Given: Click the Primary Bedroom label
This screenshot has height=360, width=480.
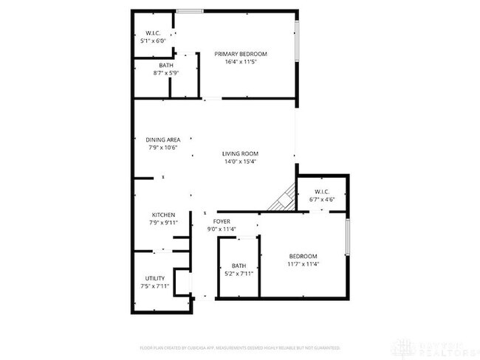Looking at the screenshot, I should (241, 54).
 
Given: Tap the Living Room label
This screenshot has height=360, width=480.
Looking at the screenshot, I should (241, 153).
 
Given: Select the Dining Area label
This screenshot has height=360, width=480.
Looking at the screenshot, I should (162, 139).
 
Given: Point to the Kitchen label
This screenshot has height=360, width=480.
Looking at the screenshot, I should (162, 215).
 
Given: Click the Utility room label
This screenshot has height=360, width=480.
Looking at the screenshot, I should (154, 278).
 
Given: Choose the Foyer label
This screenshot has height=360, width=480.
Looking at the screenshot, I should (222, 221).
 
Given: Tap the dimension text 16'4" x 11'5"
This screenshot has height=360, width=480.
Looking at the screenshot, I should (241, 62).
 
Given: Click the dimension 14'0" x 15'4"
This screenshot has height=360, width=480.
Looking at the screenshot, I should (241, 162).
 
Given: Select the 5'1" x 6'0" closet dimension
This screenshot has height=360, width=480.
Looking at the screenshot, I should (154, 41).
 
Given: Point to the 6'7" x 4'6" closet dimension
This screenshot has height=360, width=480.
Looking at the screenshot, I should (321, 200).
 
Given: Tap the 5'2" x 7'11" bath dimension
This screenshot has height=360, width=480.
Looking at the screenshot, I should (239, 274).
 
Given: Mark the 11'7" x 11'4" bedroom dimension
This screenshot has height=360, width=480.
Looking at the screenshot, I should (303, 263).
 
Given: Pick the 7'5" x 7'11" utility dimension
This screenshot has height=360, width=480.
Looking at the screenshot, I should (154, 286).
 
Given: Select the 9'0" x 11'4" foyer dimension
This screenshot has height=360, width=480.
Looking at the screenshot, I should (222, 229).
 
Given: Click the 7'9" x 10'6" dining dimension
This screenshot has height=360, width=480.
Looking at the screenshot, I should (162, 148).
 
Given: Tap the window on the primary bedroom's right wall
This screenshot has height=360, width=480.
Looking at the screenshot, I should (298, 41).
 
